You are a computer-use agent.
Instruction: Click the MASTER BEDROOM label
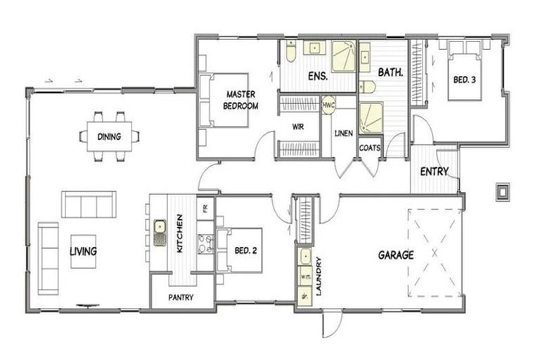click(x=240, y=100)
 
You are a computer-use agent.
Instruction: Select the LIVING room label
click(x=83, y=251)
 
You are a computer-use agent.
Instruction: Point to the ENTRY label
click(x=435, y=172)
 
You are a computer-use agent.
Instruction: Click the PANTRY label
click(x=181, y=297)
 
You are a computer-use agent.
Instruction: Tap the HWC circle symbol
click(x=328, y=105)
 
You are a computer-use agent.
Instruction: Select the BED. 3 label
click(x=463, y=80)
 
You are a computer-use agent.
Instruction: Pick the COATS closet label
click(x=370, y=148)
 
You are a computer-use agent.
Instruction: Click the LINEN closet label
click(x=344, y=133)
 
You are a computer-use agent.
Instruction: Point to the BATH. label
click(x=390, y=72)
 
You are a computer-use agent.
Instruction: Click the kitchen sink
click(x=160, y=227)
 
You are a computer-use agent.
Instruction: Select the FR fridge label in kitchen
click(x=205, y=207)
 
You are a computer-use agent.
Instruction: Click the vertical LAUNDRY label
click(x=319, y=276)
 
